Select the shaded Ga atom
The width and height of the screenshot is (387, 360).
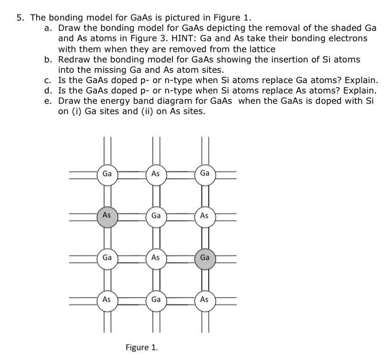pos(205,258)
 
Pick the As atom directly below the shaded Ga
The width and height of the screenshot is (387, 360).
pos(205,300)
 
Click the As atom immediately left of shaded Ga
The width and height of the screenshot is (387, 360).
pos(155,258)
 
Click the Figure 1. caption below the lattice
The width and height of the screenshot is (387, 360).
pos(142,347)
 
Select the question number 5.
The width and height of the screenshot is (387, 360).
pos(19,17)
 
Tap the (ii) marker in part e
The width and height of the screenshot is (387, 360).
pos(134,111)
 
